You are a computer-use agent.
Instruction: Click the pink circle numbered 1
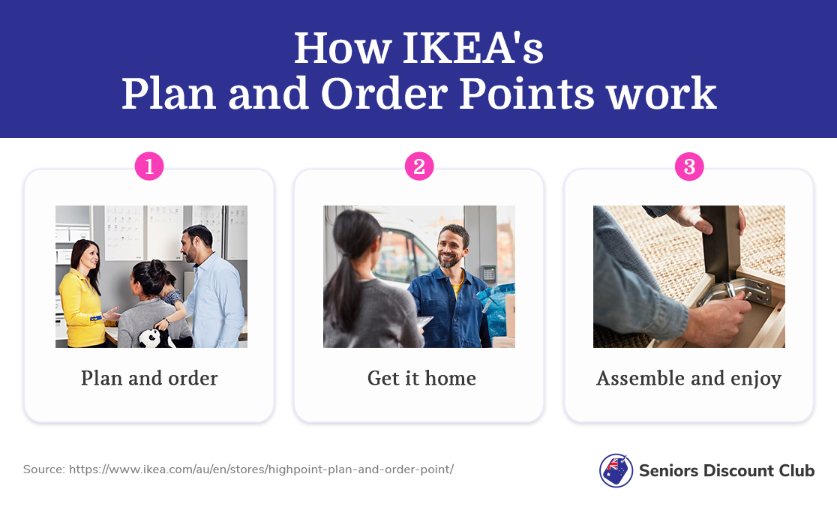pos(149,166)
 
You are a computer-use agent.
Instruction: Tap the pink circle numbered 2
pos(419,166)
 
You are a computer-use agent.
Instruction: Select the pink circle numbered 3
pos(689,166)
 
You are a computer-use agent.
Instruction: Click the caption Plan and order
pos(149,378)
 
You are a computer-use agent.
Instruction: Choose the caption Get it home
pos(421,378)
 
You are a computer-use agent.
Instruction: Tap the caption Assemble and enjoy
pos(688,378)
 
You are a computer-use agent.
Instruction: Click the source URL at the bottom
pos(261,469)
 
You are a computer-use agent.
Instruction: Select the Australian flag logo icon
pos(616,470)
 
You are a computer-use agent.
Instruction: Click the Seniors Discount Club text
pos(726,471)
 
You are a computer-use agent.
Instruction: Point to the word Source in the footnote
pos(43,469)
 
